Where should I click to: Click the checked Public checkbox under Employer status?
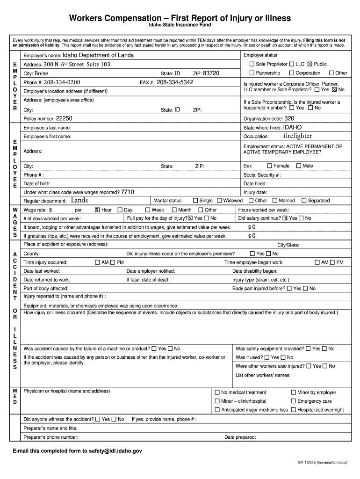310,64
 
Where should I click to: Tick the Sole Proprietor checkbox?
252,64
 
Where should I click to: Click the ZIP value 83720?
211,73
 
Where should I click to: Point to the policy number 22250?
64,119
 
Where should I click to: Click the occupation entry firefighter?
297,136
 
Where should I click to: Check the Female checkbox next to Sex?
269,166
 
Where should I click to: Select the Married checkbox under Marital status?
274,200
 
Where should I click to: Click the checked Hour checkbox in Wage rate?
97,210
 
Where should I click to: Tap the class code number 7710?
128,192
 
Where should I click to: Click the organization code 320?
289,119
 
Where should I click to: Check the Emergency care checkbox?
293,401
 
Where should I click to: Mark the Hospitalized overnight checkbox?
293,410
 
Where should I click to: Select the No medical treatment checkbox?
217,392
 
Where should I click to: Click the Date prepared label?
240,437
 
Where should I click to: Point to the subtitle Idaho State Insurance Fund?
180,25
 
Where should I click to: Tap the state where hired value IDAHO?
292,127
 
